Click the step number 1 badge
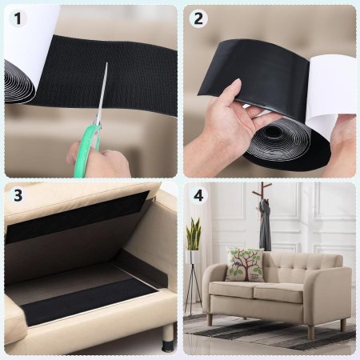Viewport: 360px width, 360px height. point(18,18)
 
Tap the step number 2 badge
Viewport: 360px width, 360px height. point(198,18)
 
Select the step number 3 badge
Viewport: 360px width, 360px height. point(18,195)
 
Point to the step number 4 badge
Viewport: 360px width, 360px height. point(198,195)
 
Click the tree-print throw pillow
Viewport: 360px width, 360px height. point(244,264)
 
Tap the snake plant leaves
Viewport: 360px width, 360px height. point(194,234)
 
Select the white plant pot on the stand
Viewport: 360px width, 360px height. point(194,257)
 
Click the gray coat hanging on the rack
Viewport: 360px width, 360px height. point(264,226)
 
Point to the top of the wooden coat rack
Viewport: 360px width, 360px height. point(262,184)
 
